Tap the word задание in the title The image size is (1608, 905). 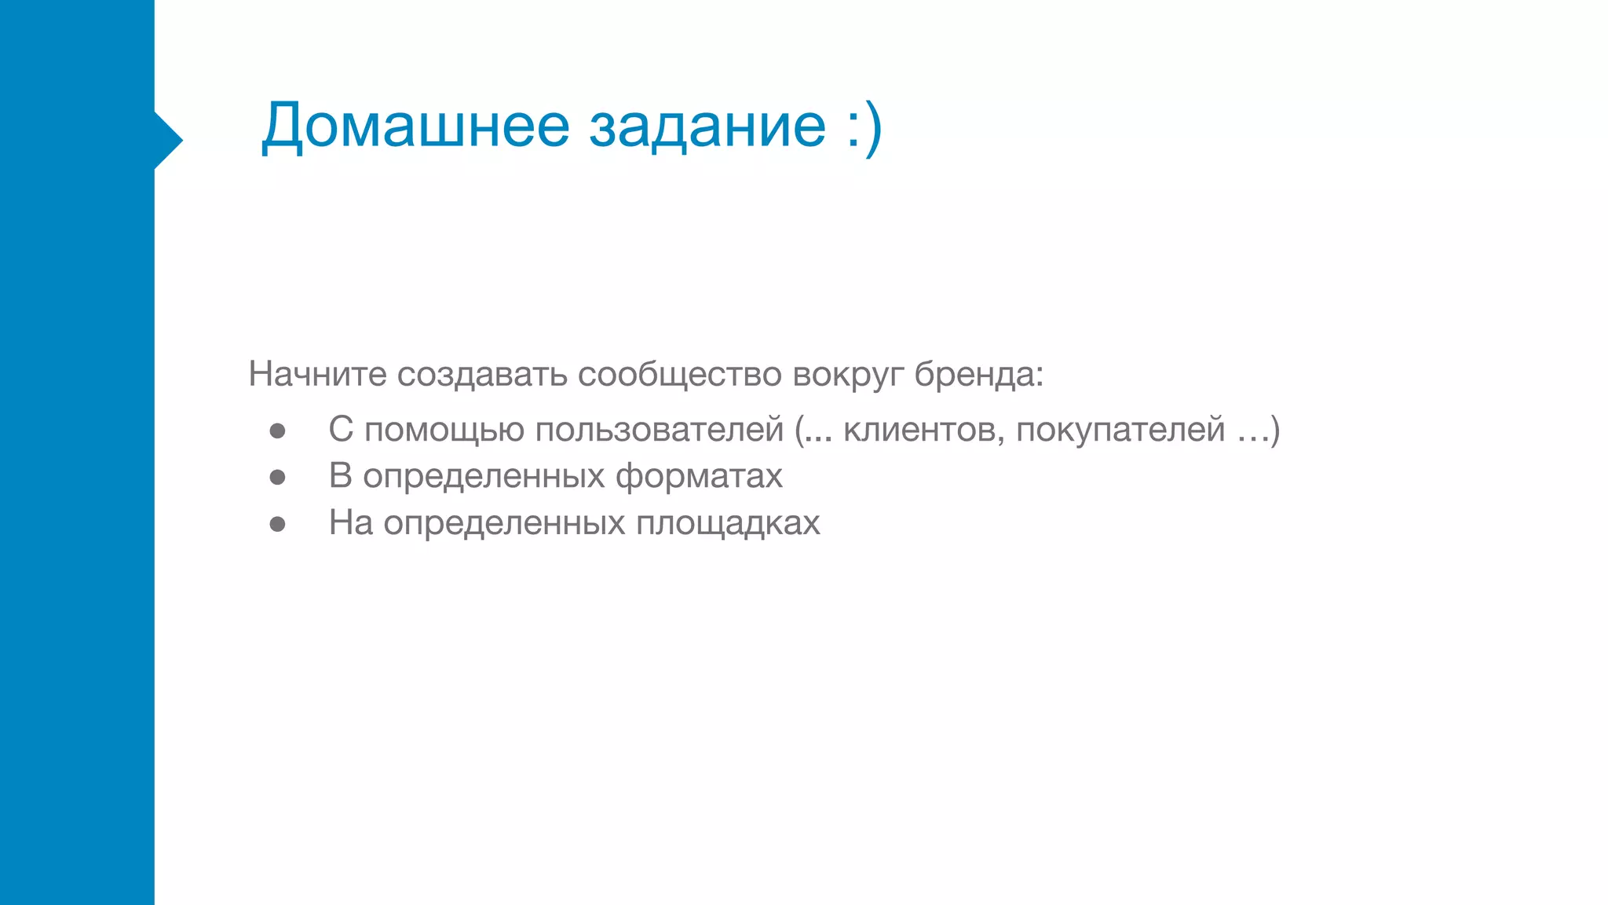pos(707,126)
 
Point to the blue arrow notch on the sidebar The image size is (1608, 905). pos(168,141)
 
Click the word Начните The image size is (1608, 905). pos(317,374)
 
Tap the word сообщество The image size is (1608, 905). pos(680,375)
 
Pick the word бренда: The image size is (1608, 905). pos(978,374)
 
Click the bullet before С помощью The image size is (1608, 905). pos(277,431)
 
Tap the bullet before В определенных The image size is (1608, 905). pos(277,477)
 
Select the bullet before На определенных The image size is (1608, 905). pos(277,524)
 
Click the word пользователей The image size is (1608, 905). pos(660,430)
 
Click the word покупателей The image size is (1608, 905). pos(1120,430)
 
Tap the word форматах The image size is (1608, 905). pos(699,477)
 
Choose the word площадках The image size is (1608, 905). pos(728,523)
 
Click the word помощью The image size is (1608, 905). pos(444,430)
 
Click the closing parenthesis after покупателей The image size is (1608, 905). pos(1275,431)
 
